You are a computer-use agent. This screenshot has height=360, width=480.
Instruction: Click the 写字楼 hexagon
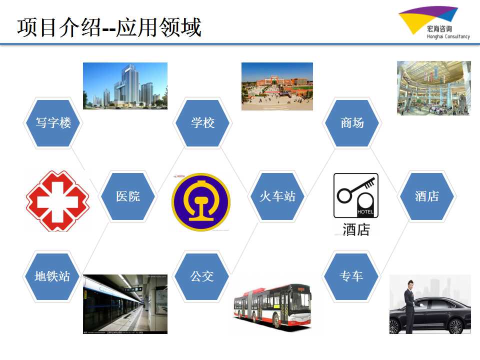point(53,123)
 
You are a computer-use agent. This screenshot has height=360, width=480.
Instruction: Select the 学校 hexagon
point(202,123)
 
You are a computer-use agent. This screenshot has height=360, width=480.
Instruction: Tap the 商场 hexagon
point(352,123)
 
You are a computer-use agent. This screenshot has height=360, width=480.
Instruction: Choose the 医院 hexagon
point(127,196)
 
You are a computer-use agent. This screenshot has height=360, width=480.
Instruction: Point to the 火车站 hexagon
point(277,196)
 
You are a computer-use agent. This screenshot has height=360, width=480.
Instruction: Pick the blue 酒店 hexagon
point(426,196)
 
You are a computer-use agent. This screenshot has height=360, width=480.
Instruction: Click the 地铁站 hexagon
point(52,276)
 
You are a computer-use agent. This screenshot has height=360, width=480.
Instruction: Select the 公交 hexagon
point(201,276)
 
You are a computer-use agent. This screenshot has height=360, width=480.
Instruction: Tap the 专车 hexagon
point(351,276)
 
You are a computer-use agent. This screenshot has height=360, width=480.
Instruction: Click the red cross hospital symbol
point(57,201)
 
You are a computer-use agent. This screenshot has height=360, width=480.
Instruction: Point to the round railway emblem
point(201,202)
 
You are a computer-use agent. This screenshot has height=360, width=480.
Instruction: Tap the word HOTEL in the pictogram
point(365,212)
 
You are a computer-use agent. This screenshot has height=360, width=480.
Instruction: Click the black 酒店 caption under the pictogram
point(356,229)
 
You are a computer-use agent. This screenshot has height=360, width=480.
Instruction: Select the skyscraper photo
point(125,85)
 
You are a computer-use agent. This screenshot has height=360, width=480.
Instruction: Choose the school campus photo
point(277,86)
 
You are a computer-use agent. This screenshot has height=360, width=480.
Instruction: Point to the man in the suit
point(409,306)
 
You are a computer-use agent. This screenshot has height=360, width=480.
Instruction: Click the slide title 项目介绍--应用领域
point(109,27)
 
